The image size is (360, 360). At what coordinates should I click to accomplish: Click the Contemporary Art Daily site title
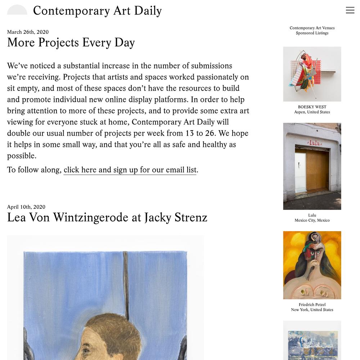pyautogui.click(x=97, y=11)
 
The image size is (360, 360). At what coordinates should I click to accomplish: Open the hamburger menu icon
pyautogui.click(x=350, y=10)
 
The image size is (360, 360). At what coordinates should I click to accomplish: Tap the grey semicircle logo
pyautogui.click(x=17, y=10)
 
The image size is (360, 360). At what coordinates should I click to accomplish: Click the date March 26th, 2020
pyautogui.click(x=28, y=32)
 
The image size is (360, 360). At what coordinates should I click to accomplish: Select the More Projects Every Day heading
pyautogui.click(x=71, y=42)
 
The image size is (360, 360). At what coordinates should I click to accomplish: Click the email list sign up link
pyautogui.click(x=130, y=170)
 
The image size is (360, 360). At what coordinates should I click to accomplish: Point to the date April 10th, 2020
pyautogui.click(x=26, y=207)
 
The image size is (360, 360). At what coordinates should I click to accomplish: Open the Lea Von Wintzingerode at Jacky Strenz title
pyautogui.click(x=107, y=217)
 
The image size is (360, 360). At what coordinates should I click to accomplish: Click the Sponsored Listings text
pyautogui.click(x=312, y=33)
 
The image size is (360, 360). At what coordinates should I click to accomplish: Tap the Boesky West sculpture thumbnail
pyautogui.click(x=312, y=74)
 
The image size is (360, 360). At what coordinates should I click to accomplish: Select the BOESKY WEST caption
pyautogui.click(x=312, y=107)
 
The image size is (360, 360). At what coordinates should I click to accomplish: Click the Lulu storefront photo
pyautogui.click(x=312, y=166)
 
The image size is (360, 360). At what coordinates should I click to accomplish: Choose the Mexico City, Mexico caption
pyautogui.click(x=312, y=220)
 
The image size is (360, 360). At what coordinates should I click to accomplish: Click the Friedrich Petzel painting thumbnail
pyautogui.click(x=312, y=265)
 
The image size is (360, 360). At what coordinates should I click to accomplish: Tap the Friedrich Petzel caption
pyautogui.click(x=312, y=305)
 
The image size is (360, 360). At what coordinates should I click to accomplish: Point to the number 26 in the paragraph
pyautogui.click(x=210, y=133)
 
